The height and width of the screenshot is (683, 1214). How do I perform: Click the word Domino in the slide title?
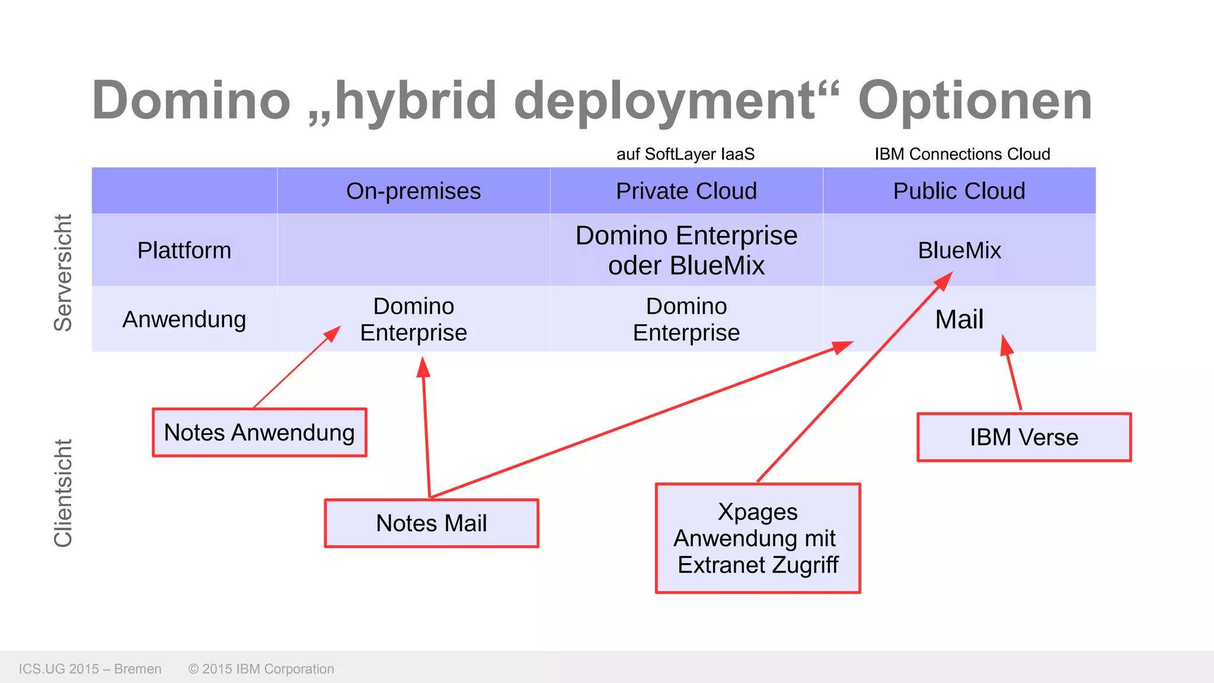(191, 101)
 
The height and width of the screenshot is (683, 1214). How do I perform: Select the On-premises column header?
(413, 191)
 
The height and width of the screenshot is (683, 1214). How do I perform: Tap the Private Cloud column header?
(686, 191)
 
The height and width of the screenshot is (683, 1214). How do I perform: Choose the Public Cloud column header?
(959, 191)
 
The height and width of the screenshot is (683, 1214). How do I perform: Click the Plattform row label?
(184, 250)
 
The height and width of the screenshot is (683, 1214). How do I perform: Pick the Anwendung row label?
(184, 320)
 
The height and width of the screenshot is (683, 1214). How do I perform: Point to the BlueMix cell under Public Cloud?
(959, 250)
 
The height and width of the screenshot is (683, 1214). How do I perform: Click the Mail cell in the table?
(959, 320)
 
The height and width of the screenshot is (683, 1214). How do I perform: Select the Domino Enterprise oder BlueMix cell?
(686, 250)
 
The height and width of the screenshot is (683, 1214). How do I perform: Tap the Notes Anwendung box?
(259, 433)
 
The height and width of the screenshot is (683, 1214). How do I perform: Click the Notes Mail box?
(431, 524)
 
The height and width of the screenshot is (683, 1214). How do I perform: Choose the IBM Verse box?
(1024, 438)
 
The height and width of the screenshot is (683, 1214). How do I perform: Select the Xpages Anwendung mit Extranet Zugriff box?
(758, 538)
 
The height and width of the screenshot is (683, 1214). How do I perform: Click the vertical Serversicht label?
(63, 273)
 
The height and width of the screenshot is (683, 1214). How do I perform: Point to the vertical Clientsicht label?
(63, 493)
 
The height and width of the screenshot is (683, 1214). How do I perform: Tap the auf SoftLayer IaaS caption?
(685, 154)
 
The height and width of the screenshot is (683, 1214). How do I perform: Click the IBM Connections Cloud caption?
(962, 154)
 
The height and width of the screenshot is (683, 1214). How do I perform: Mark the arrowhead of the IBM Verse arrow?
(1006, 344)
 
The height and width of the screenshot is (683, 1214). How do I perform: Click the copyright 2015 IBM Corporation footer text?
(261, 669)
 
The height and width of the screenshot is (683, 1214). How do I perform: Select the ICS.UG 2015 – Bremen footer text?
(90, 669)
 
